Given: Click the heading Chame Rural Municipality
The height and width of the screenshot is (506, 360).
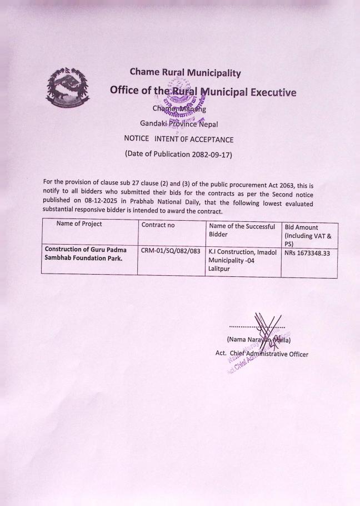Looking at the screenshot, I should [185, 72].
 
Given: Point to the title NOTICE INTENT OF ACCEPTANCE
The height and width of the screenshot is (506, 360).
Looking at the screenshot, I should [178, 140].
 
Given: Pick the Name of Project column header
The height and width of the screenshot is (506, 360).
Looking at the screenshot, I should [79, 224].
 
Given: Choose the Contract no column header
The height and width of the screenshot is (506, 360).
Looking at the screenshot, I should [158, 225].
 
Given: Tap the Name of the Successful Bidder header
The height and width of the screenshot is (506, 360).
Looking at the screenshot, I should [242, 230].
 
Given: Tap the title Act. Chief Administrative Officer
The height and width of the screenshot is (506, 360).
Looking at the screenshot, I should [261, 354].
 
